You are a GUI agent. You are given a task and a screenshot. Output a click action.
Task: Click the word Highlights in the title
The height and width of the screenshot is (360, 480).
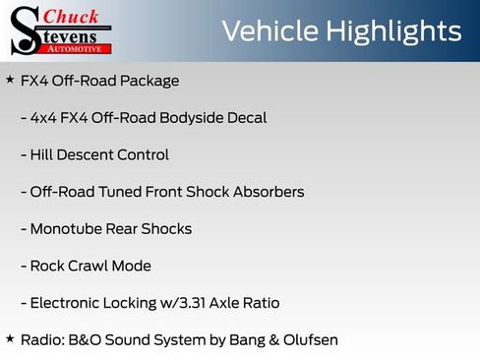tap(396, 30)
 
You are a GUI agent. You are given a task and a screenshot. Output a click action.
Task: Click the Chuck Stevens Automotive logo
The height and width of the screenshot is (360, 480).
tap(59, 30)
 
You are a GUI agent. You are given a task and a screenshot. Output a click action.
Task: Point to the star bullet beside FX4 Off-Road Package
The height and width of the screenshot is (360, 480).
tap(10, 80)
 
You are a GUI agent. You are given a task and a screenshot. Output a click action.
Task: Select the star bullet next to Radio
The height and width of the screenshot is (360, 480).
tap(10, 338)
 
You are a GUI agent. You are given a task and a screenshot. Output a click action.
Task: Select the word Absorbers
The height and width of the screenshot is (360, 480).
tap(267, 192)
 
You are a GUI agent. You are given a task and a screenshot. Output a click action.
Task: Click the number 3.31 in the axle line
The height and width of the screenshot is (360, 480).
tap(193, 303)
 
